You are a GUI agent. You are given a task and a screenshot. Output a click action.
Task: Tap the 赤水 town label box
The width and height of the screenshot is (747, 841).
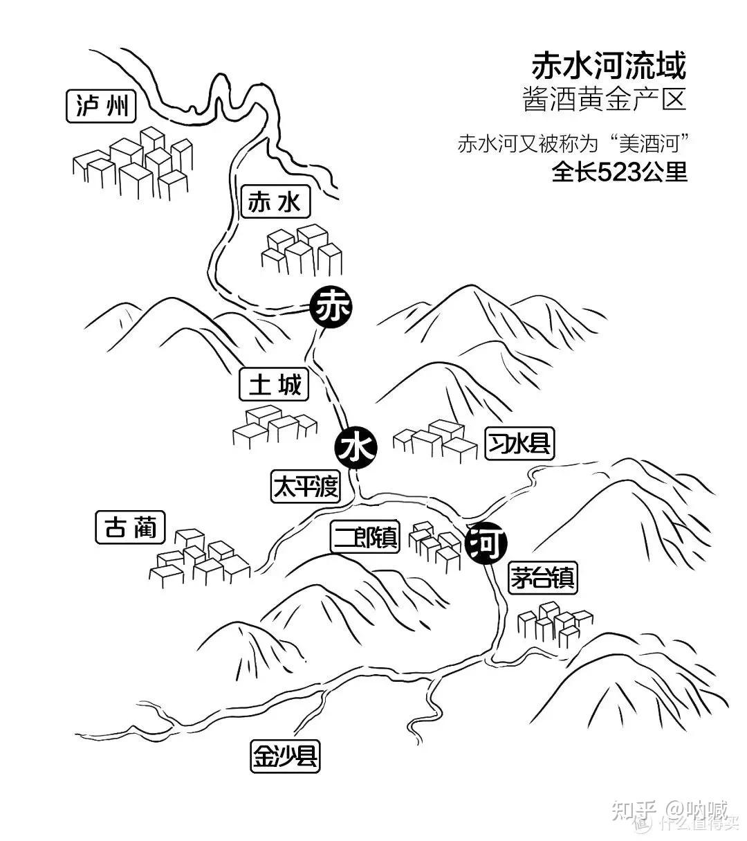[x=274, y=203]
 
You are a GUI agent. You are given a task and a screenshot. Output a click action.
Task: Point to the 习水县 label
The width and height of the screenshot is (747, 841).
[x=519, y=443]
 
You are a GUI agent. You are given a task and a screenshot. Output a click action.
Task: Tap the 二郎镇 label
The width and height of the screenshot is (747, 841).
[x=365, y=537]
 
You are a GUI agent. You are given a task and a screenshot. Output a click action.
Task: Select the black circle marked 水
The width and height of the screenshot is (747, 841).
[x=356, y=448]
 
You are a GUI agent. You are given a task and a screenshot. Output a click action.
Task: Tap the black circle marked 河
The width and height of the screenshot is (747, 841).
[x=488, y=545]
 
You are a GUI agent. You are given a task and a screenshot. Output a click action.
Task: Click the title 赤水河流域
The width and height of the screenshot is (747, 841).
[x=608, y=66]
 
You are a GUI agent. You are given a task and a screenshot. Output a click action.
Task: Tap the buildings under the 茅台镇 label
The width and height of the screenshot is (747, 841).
[x=554, y=624]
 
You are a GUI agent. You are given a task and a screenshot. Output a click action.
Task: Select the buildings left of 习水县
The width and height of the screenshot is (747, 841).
[x=436, y=440]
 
